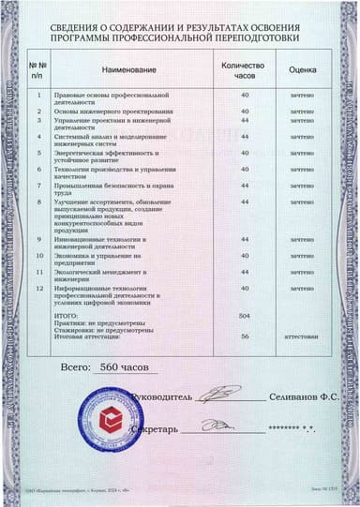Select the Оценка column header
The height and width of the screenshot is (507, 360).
(x=301, y=69)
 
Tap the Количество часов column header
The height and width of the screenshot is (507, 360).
(x=245, y=69)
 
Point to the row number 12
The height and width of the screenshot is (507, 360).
(x=38, y=288)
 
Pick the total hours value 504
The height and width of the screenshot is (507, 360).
(x=245, y=318)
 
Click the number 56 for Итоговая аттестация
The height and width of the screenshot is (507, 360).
(x=245, y=335)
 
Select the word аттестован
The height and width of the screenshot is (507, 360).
(x=301, y=335)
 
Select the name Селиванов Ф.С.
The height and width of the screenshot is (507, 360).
(x=300, y=397)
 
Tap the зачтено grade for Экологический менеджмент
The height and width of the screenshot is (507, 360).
(x=301, y=271)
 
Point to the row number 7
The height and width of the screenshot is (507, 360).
(x=38, y=185)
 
